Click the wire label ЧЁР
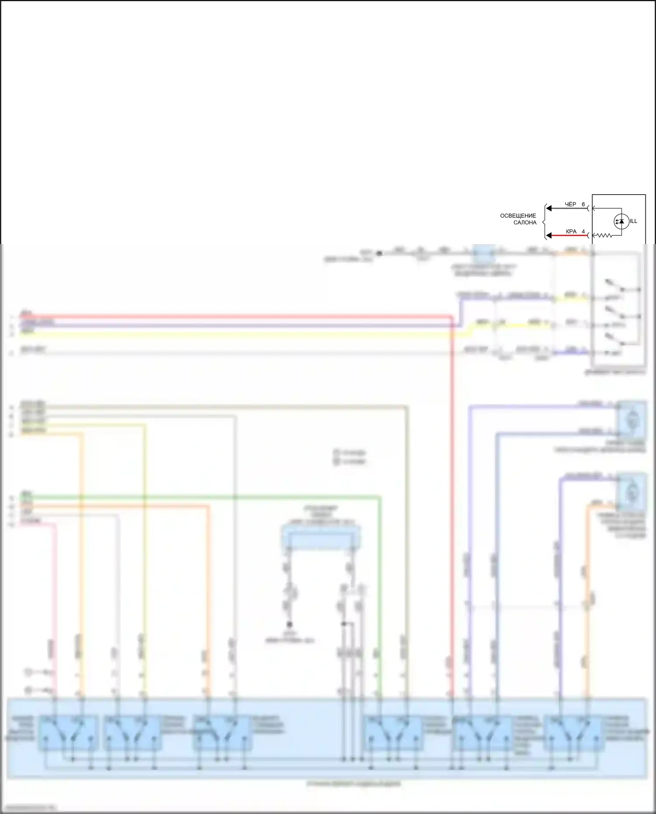pyautogui.click(x=570, y=204)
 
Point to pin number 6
pyautogui.click(x=583, y=204)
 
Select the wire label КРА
pyautogui.click(x=571, y=231)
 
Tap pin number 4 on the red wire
pyautogui.click(x=583, y=231)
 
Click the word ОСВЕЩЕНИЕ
pyautogui.click(x=518, y=216)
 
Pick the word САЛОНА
pyautogui.click(x=525, y=223)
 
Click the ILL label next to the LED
pyautogui.click(x=633, y=221)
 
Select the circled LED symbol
pyautogui.click(x=621, y=221)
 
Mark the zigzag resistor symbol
pyautogui.click(x=604, y=235)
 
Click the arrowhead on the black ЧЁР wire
pyautogui.click(x=549, y=209)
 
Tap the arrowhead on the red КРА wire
pyautogui.click(x=549, y=236)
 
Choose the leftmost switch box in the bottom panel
pyautogui.click(x=68, y=733)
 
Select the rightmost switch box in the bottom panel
pyautogui.click(x=574, y=733)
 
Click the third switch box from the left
pyautogui.click(x=222, y=733)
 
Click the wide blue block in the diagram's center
pyautogui.click(x=321, y=538)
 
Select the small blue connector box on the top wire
pyautogui.click(x=484, y=253)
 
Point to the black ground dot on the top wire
pyautogui.click(x=379, y=253)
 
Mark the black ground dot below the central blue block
pyautogui.click(x=289, y=624)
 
